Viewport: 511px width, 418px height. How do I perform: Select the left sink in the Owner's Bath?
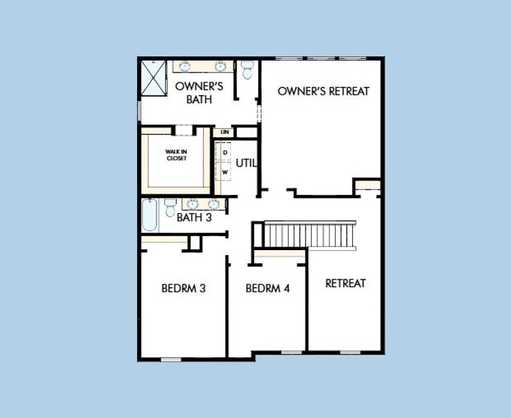(x=186, y=67)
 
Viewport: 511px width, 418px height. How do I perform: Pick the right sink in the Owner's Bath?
(x=221, y=67)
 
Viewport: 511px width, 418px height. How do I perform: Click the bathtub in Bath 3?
(x=150, y=216)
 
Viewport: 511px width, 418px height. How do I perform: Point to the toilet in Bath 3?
(x=171, y=207)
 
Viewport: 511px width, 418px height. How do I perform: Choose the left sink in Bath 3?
(x=194, y=204)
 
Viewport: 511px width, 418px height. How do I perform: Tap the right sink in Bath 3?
(x=213, y=204)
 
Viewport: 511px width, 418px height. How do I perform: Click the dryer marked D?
(x=225, y=153)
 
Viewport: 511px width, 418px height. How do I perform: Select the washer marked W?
(x=225, y=171)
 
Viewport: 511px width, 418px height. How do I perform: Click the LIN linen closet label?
(x=224, y=132)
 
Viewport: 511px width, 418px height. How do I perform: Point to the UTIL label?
(x=246, y=163)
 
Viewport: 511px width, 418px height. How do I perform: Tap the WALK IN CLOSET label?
(x=176, y=155)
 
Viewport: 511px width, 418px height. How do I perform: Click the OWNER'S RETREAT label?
(x=323, y=91)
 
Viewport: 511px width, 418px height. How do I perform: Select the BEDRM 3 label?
(x=182, y=288)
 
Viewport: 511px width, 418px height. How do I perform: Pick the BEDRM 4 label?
(x=267, y=288)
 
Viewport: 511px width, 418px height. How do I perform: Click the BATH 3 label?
(x=194, y=217)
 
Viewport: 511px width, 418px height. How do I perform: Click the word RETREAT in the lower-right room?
(x=345, y=283)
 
